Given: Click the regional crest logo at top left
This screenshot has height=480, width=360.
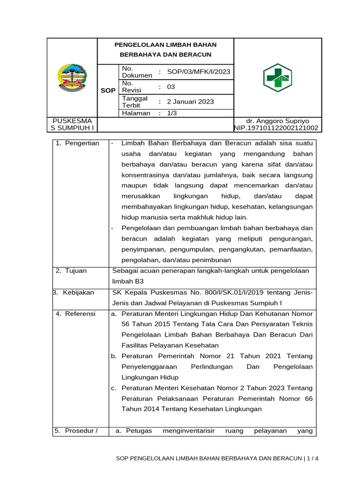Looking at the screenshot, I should click(x=72, y=77).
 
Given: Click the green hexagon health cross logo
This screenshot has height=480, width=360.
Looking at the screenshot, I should click(x=277, y=78).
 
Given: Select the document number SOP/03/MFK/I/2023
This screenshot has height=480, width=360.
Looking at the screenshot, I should click(x=198, y=72).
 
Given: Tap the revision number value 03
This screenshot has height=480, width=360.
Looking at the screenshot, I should click(x=171, y=87).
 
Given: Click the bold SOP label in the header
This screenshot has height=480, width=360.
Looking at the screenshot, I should click(x=108, y=90).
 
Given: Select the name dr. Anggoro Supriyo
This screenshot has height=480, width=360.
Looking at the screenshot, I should click(x=277, y=120).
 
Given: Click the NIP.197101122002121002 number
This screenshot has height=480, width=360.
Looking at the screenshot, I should click(x=276, y=128).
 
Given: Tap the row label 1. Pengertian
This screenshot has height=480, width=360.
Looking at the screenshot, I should click(x=77, y=143).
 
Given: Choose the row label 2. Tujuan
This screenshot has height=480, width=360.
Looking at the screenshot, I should click(x=71, y=270).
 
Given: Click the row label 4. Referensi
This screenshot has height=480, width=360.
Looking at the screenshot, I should click(x=75, y=314).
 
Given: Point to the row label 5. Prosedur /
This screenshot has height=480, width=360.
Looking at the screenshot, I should click(x=75, y=431).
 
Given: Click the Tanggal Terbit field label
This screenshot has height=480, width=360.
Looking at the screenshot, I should click(x=135, y=102).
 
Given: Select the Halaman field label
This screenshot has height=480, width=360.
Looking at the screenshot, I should click(x=136, y=113).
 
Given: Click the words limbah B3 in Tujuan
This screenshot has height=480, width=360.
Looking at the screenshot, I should click(x=128, y=281).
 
